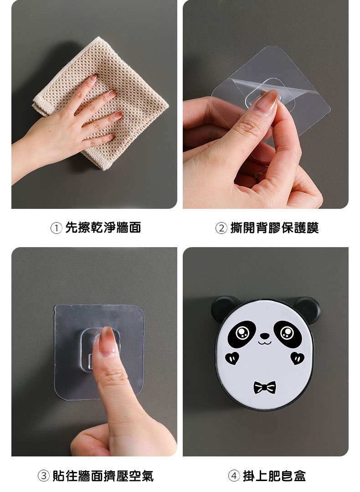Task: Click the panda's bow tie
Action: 265,388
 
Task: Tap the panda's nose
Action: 265,336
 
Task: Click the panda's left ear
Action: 224,308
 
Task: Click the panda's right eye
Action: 288,334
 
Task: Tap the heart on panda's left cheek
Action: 232,357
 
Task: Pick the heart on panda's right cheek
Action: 297,358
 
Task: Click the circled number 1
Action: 56,228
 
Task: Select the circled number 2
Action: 221,228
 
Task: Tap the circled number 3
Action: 44,476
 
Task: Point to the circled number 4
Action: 234,476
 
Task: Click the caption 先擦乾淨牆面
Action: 103,228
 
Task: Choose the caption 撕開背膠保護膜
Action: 274,228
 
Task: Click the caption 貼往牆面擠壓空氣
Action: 103,476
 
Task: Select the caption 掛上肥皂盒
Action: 274,476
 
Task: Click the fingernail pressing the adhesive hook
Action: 108,341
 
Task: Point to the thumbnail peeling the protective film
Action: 266,102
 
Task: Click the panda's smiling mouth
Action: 265,342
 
